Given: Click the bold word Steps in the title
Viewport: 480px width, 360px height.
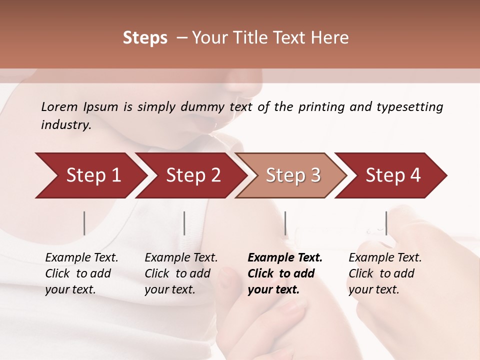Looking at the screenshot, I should point(145,38).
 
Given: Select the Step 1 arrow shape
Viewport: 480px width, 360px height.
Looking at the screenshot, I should point(90,175).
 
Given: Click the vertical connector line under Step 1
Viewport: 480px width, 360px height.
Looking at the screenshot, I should point(84,223).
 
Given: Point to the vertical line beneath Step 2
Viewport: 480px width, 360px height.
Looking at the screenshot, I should point(184,223).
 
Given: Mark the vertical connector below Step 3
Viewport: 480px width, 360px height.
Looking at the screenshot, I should point(285,223).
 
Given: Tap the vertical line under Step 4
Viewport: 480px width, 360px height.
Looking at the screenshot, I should point(386,223).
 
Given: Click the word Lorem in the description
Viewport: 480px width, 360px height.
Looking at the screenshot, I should point(59,106).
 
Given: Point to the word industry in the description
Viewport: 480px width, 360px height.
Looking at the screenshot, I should point(66,125).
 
